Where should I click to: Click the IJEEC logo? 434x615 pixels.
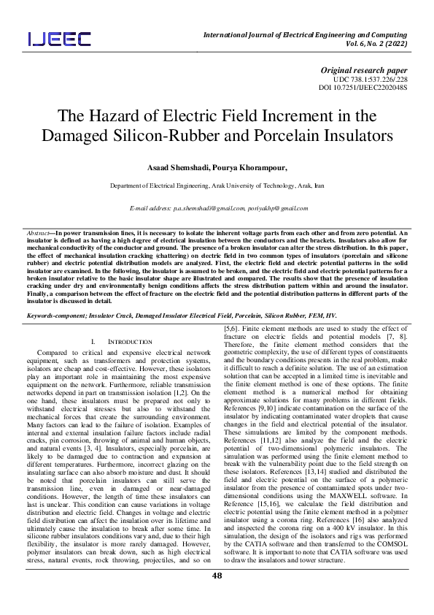[x=60, y=39]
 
